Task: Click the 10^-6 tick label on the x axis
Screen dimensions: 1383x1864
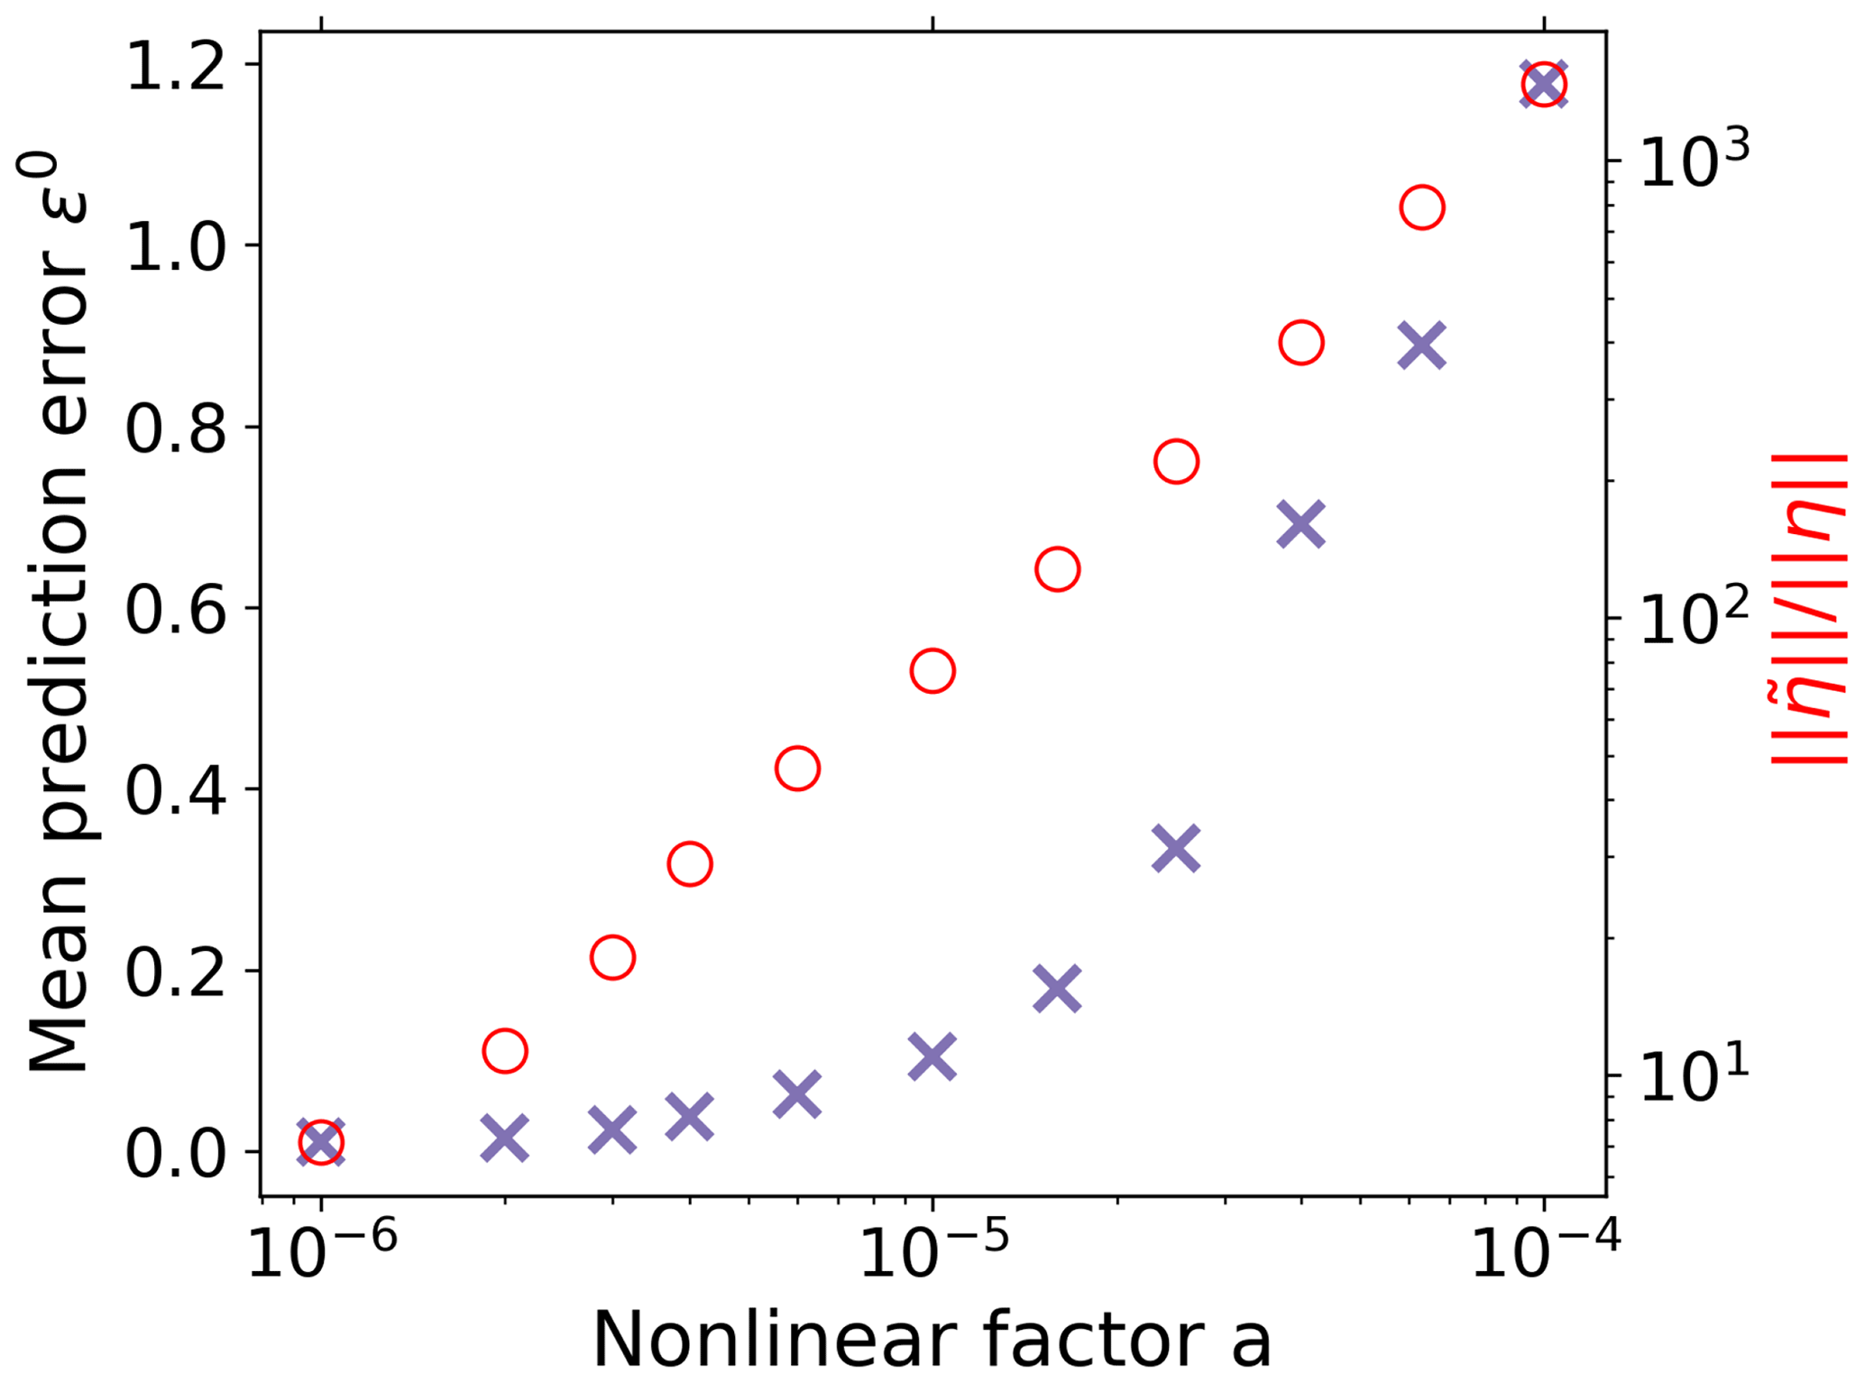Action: tap(322, 1253)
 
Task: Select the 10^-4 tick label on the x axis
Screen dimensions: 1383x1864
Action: tap(1545, 1253)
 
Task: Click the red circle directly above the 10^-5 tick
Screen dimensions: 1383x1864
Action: tap(932, 671)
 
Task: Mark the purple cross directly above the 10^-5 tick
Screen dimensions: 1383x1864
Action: tap(932, 1056)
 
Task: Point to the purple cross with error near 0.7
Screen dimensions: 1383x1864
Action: tap(1300, 524)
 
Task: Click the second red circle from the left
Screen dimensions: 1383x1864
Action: tap(505, 1051)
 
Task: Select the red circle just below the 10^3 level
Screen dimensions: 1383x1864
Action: tap(1422, 208)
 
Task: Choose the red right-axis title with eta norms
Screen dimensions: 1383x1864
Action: tap(1808, 609)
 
